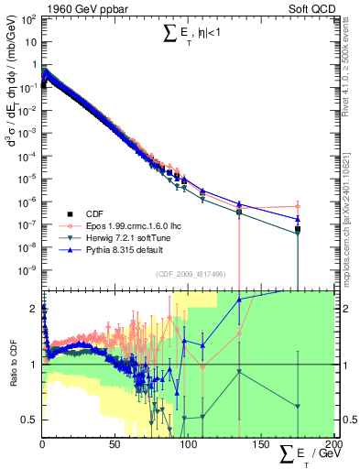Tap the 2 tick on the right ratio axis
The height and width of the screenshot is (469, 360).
coord(344,309)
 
